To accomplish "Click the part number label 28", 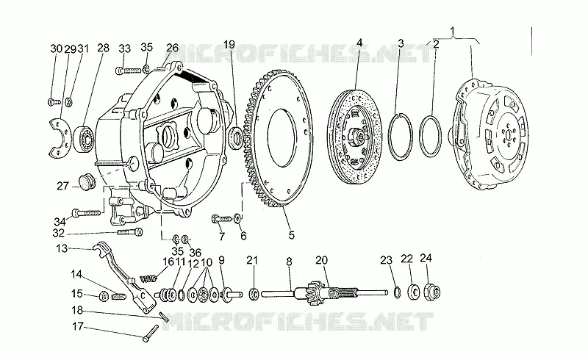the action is click(103, 48).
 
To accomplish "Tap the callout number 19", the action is click(229, 45).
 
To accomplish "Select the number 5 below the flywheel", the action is click(291, 235).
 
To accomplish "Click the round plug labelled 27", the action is click(87, 182).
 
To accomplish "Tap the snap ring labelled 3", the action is click(400, 137).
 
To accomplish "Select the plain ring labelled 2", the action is click(430, 136).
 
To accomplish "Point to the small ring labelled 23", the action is click(397, 292).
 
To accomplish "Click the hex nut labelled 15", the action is click(104, 297).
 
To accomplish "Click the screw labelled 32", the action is click(130, 232).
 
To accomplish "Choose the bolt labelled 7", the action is click(222, 218).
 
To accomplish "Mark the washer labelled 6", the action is click(237, 218).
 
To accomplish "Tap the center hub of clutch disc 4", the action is click(356, 135).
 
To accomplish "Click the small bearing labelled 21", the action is click(254, 293).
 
